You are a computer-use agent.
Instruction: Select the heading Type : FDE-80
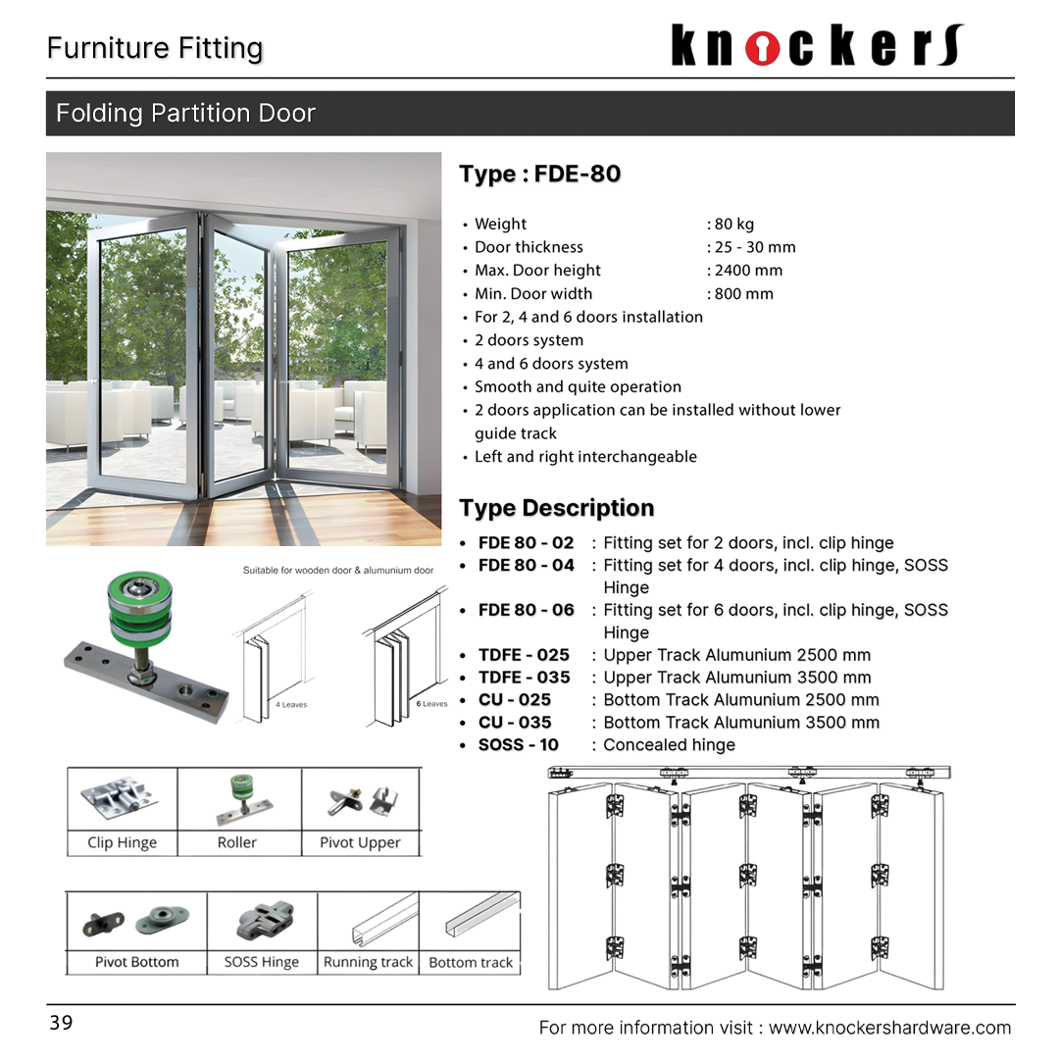(x=539, y=175)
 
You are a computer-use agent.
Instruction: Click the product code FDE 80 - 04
(x=526, y=565)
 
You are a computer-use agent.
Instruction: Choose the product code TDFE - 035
(x=524, y=678)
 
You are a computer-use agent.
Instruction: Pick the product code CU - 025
(x=515, y=700)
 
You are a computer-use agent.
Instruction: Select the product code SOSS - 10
(x=518, y=745)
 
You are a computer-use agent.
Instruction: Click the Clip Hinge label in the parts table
(x=122, y=842)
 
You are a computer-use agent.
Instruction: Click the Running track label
(x=368, y=963)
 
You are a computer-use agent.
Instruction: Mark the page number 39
(x=61, y=1024)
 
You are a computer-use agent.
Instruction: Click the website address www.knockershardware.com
(x=889, y=1028)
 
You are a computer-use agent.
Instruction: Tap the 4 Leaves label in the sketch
(x=291, y=704)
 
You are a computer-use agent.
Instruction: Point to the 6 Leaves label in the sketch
(x=431, y=704)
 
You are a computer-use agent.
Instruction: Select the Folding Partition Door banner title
(x=185, y=114)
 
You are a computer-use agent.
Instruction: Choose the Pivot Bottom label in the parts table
(x=136, y=963)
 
